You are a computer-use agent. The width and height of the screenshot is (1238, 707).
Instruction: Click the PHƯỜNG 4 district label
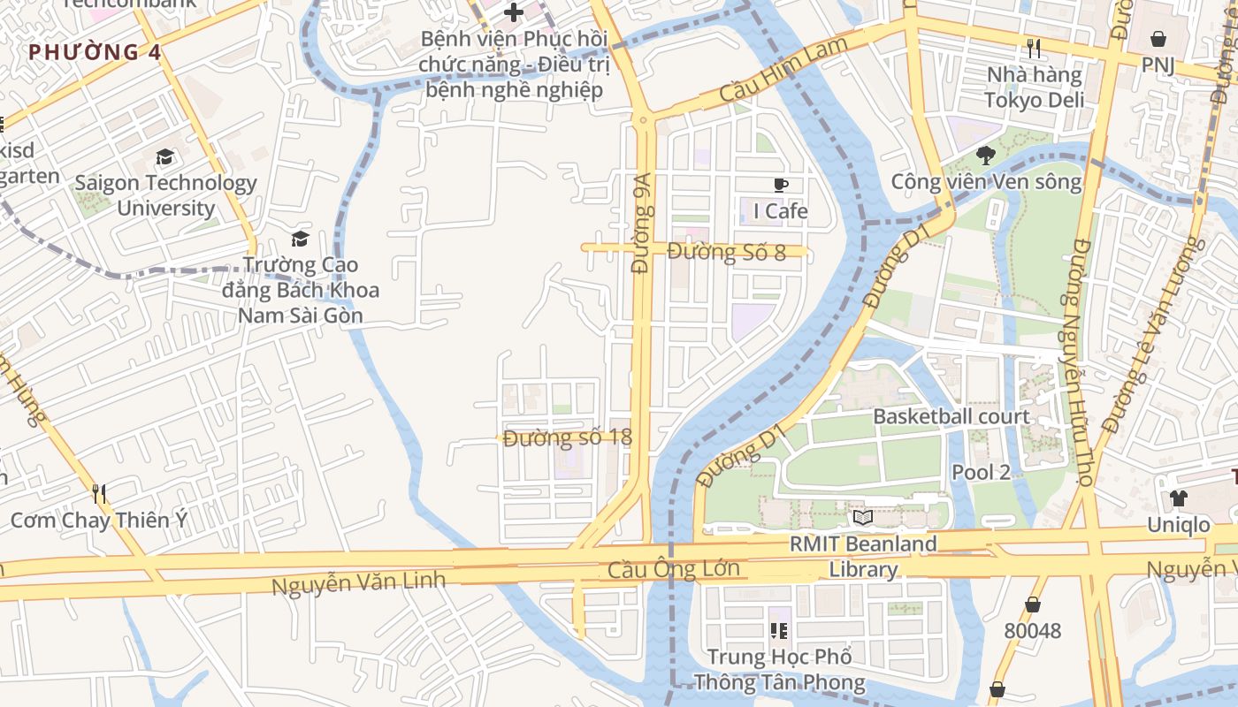(95, 52)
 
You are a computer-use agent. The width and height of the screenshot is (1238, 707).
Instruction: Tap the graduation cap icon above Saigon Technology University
(164, 157)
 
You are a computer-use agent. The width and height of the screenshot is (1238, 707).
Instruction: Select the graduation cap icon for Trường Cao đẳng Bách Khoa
(301, 239)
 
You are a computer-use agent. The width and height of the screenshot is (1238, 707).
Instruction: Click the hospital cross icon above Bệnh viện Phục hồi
(513, 12)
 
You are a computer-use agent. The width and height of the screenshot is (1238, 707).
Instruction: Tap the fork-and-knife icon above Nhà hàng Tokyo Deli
(1033, 48)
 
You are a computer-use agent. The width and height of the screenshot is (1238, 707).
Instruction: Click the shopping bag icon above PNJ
(1158, 39)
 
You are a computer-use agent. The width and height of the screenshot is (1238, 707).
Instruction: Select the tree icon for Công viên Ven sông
(985, 156)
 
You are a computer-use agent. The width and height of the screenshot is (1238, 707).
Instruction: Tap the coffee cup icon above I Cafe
(780, 185)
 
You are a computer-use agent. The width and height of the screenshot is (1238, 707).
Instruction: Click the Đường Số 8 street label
(726, 252)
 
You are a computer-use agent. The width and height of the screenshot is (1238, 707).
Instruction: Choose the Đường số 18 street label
(567, 437)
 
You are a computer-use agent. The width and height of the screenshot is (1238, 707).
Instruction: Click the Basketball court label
(951, 416)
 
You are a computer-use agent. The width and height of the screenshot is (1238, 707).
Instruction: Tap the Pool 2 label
(981, 472)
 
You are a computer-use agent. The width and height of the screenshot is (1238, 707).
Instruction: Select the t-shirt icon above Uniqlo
(1178, 498)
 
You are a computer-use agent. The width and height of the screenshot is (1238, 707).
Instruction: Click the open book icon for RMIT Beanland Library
(863, 518)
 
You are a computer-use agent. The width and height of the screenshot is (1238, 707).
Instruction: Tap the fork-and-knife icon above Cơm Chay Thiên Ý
(99, 493)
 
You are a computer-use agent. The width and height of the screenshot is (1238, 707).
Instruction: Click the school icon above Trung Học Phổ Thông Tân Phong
(779, 630)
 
